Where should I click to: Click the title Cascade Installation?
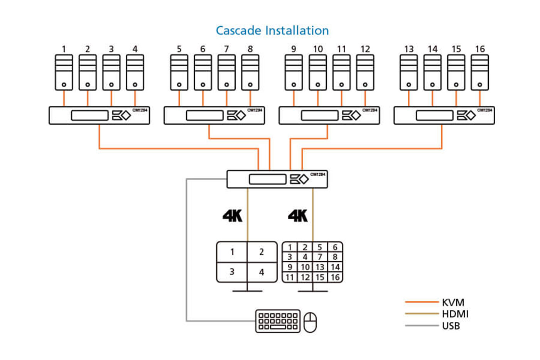pyautogui.click(x=272, y=30)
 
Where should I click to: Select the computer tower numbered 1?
pyautogui.click(x=64, y=73)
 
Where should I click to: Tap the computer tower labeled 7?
pyautogui.click(x=226, y=73)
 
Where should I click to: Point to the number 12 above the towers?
pyautogui.click(x=365, y=49)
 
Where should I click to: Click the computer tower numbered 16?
pyautogui.click(x=479, y=73)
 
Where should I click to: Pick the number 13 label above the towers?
pyautogui.click(x=409, y=49)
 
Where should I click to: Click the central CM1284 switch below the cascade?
pyautogui.click(x=277, y=179)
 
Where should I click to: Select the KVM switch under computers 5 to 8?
pyautogui.click(x=214, y=115)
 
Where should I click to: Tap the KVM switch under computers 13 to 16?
pyautogui.click(x=444, y=115)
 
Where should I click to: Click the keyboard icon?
pyautogui.click(x=278, y=321)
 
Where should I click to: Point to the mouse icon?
pyautogui.click(x=310, y=322)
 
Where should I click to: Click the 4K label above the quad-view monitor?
pyautogui.click(x=232, y=216)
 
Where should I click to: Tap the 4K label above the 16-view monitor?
pyautogui.click(x=298, y=216)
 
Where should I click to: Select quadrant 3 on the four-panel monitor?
pyautogui.click(x=232, y=272)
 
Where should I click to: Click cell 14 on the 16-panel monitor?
pyautogui.click(x=335, y=267)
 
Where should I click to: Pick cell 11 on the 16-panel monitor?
pyautogui.click(x=290, y=277)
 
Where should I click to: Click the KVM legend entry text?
pyautogui.click(x=453, y=303)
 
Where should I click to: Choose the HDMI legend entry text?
pyautogui.click(x=455, y=314)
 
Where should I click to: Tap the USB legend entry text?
pyautogui.click(x=451, y=326)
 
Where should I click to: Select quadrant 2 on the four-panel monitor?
pyautogui.click(x=262, y=252)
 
